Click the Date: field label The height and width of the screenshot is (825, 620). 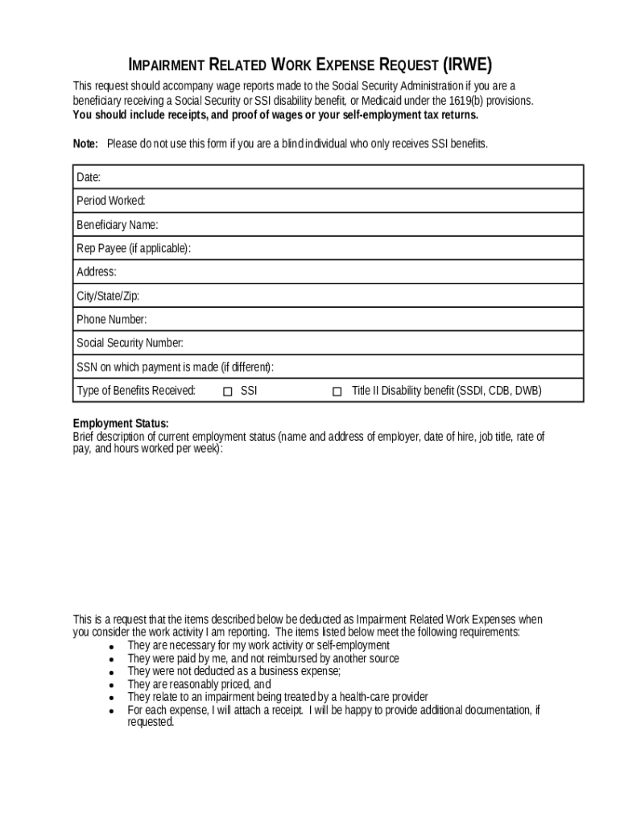coord(88,177)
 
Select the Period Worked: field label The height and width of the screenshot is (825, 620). coord(110,201)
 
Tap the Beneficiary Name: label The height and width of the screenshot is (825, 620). coord(117,224)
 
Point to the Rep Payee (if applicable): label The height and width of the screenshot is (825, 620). coord(134,248)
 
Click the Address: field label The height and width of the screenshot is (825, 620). coord(96,272)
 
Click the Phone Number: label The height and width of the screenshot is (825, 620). coord(111,319)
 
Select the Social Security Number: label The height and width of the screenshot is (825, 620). coord(130,343)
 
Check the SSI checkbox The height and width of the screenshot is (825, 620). coord(228,392)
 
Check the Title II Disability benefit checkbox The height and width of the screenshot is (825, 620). coord(337,392)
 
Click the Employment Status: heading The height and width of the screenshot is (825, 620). coord(121,424)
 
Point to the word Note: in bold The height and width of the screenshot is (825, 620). coord(85,143)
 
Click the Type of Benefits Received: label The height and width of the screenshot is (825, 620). coord(136,391)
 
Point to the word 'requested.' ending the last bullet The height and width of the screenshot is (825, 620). coord(151,723)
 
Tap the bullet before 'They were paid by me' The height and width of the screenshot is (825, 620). coord(110,660)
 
